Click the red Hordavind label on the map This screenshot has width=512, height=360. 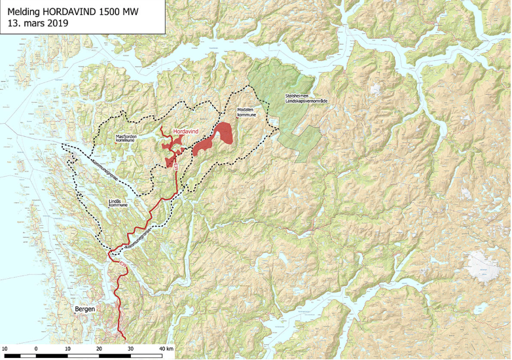click(x=185, y=132)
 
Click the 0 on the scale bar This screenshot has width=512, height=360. click(x=36, y=349)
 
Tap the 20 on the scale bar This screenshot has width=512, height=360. click(x=100, y=349)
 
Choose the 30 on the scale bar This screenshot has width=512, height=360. click(x=131, y=349)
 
